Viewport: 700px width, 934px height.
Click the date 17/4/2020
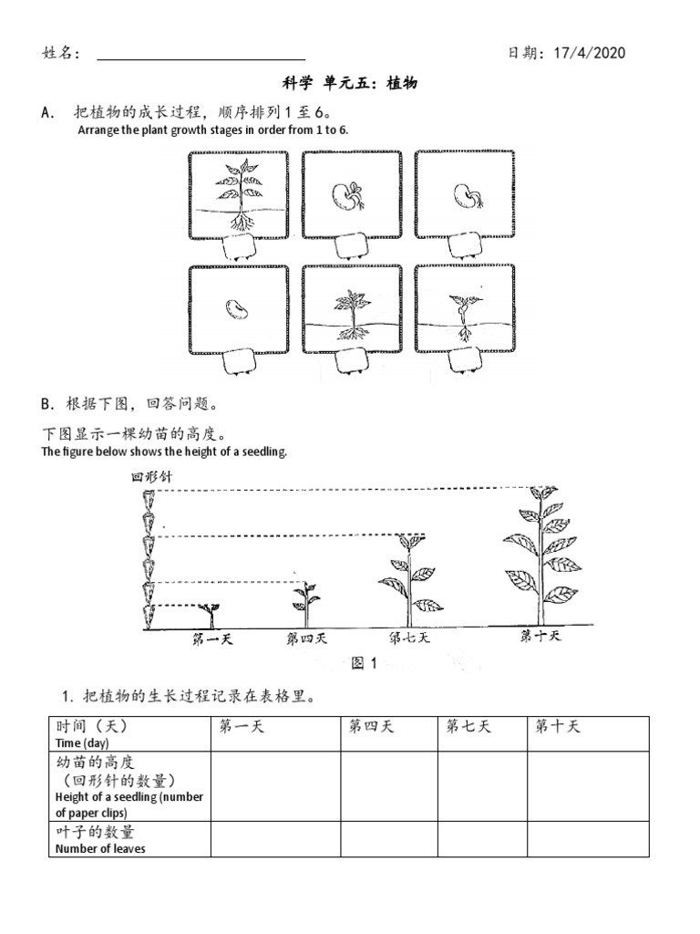(589, 53)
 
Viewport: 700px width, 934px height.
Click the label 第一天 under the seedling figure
(212, 639)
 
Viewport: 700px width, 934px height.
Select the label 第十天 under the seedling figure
(540, 636)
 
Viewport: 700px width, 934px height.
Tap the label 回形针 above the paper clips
(151, 476)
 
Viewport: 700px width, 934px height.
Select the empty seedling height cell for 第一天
(275, 784)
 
